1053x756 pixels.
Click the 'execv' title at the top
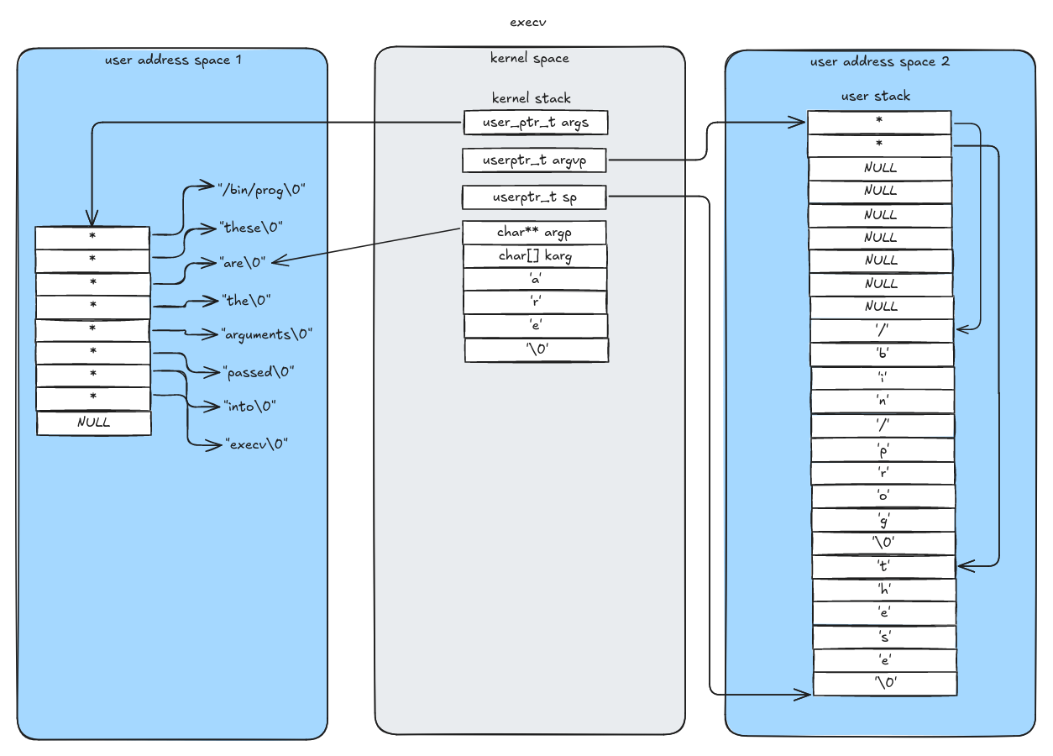tap(528, 23)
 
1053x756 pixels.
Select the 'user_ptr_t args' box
tap(536, 123)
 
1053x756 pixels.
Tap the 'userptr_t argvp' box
tap(535, 160)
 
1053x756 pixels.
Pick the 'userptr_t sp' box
tap(535, 197)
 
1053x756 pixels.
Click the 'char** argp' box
tap(535, 232)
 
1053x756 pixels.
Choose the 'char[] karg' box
tap(535, 255)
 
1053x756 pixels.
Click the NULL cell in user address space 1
tap(94, 423)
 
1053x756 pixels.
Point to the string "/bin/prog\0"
tap(261, 190)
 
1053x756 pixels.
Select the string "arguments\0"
tap(266, 334)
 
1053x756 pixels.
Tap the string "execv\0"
tap(256, 444)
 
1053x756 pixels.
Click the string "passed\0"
tap(259, 372)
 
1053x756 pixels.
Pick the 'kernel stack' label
tap(532, 98)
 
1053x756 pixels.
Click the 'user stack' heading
tap(875, 97)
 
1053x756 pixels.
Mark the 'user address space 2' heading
tap(879, 61)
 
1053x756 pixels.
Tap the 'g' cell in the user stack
tap(883, 520)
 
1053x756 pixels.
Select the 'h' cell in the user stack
tap(884, 590)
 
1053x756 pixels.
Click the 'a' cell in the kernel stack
tap(535, 279)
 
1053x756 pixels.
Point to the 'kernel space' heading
tap(529, 58)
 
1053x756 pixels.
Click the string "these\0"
tap(251, 228)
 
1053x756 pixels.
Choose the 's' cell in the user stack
tap(885, 637)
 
